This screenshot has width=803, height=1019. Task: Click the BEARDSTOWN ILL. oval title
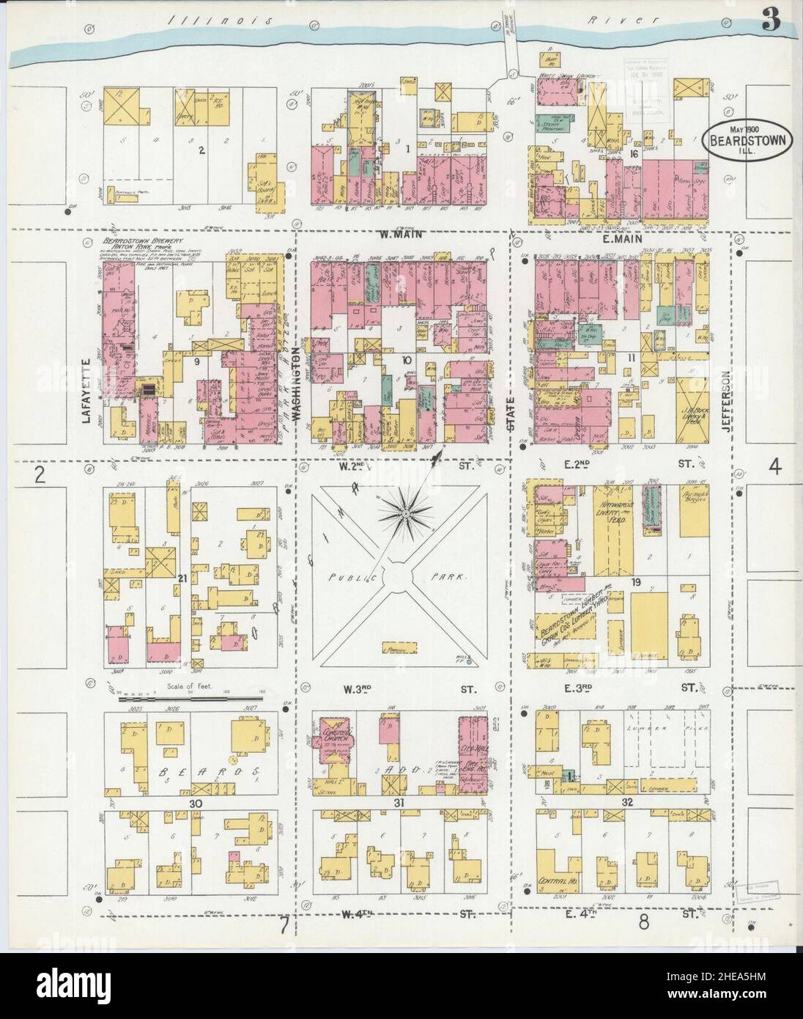[747, 138]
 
